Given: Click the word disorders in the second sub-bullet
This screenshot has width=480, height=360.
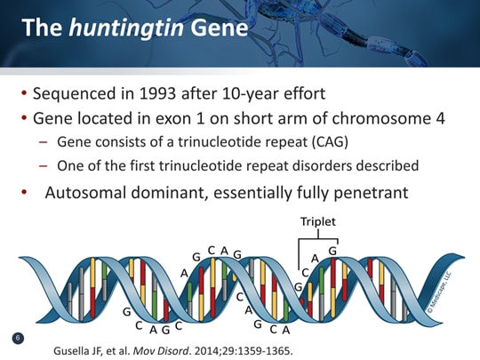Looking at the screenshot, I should tap(342, 165).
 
